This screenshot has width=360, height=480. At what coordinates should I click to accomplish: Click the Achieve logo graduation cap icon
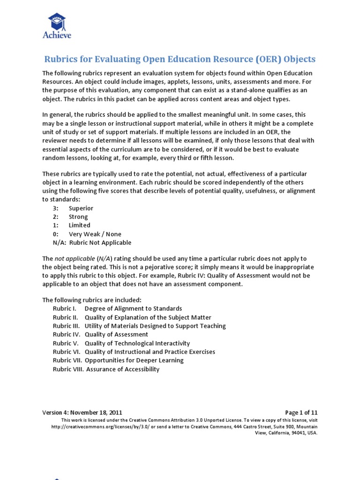pyautogui.click(x=57, y=22)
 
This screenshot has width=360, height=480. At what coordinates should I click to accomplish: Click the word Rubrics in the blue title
pyautogui.click(x=62, y=59)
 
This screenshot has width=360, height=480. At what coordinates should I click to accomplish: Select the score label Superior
pyautogui.click(x=81, y=208)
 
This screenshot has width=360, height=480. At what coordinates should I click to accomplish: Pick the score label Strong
pyautogui.click(x=78, y=217)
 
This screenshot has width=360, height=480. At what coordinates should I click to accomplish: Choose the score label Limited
pyautogui.click(x=80, y=225)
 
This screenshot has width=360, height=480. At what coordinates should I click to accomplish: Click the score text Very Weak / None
pyautogui.click(x=95, y=234)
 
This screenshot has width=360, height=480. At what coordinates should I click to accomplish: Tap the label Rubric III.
pyautogui.click(x=66, y=326)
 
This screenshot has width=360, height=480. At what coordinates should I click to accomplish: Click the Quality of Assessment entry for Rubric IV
pyautogui.click(x=116, y=334)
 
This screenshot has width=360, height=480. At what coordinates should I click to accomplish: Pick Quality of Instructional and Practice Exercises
pyautogui.click(x=150, y=352)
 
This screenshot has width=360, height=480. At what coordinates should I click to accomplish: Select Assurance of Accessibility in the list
pyautogui.click(x=123, y=369)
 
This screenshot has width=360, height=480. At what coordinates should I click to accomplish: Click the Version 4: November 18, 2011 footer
pyautogui.click(x=82, y=412)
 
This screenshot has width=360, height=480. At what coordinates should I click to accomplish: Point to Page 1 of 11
pyautogui.click(x=301, y=412)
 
